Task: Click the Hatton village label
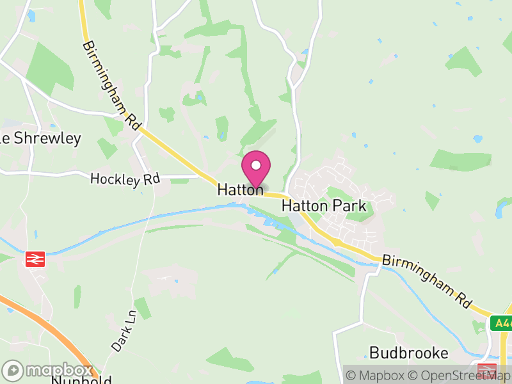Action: click(x=240, y=190)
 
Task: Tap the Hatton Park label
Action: click(x=324, y=206)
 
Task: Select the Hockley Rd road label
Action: click(x=125, y=179)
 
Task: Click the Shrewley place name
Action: click(x=45, y=138)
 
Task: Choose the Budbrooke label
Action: click(x=409, y=353)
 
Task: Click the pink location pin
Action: click(x=256, y=168)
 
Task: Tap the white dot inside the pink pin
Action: click(x=256, y=166)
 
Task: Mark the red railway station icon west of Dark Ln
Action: click(x=35, y=259)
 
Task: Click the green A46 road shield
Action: click(x=501, y=324)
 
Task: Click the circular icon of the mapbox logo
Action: click(x=13, y=371)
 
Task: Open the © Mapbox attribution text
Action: click(x=376, y=374)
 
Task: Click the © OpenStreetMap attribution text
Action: click(x=460, y=374)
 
